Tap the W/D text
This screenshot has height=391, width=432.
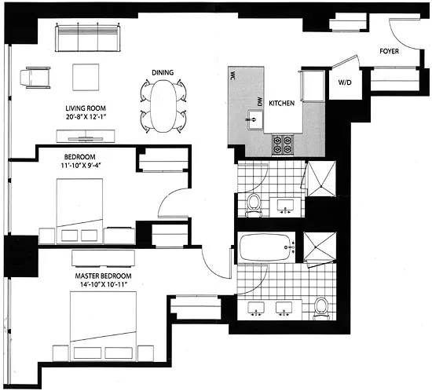[344, 82]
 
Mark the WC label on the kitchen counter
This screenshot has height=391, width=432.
[234, 77]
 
